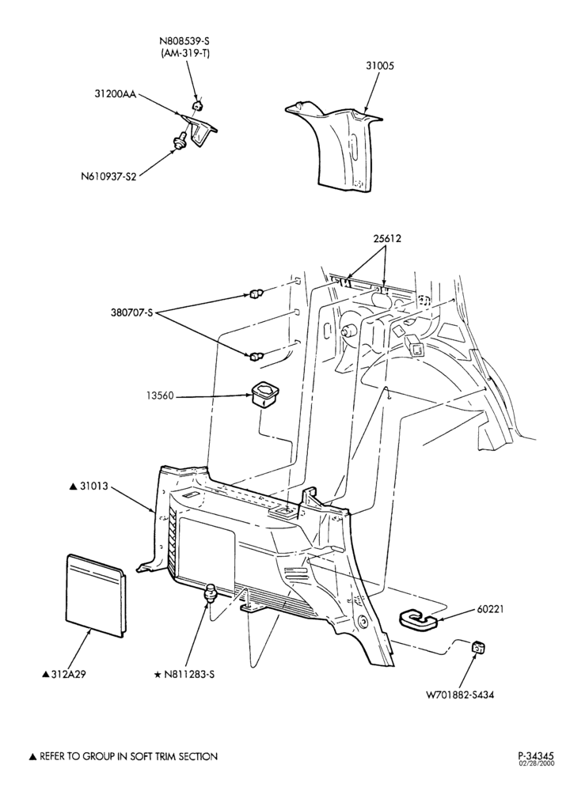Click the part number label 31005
(x=380, y=66)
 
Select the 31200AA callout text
(x=115, y=94)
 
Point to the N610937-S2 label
(x=108, y=176)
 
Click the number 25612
(x=387, y=238)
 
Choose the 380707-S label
(x=131, y=312)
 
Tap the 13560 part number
(x=161, y=396)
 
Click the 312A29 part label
(x=63, y=673)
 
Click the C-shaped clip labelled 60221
(x=418, y=620)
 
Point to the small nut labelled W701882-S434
(x=478, y=647)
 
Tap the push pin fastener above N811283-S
(x=210, y=592)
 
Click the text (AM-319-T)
(x=186, y=53)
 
